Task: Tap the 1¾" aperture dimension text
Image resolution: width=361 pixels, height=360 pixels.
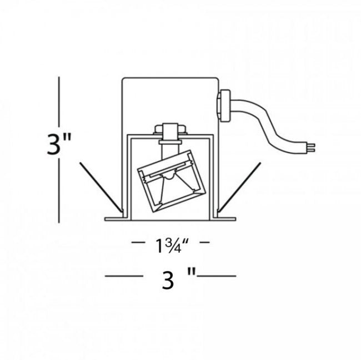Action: tap(172, 246)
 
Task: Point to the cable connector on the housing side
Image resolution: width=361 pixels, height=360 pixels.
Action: tap(223, 105)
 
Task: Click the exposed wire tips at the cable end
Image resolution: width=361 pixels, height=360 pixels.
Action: tap(312, 148)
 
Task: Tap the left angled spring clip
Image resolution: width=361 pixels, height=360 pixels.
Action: tap(101, 187)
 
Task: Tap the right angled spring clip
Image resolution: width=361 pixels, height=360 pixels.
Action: tap(239, 187)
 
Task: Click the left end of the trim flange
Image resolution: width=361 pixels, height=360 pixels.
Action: tap(105, 219)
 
